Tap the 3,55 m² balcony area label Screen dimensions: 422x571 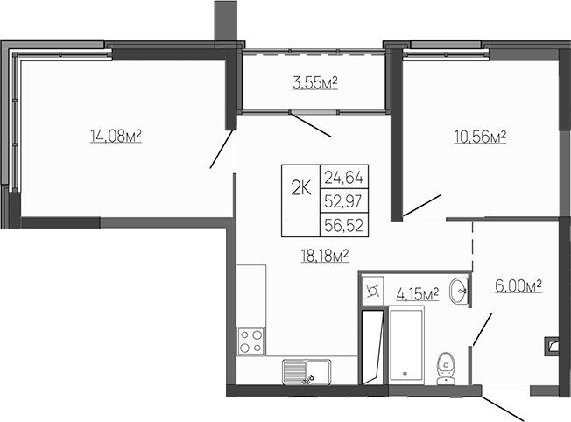pos(315,84)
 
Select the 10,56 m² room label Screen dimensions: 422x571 pos(481,137)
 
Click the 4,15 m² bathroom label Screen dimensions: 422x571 pos(417,292)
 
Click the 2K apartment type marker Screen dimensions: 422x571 pos(300,187)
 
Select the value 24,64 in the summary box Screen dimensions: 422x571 pos(343,176)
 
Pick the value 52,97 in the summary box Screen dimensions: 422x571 pos(343,201)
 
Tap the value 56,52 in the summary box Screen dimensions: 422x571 pos(343,225)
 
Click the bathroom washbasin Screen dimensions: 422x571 pos(457,292)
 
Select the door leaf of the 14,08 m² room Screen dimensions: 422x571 pos(222,148)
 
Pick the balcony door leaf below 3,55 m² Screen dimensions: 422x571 pos(311,125)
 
